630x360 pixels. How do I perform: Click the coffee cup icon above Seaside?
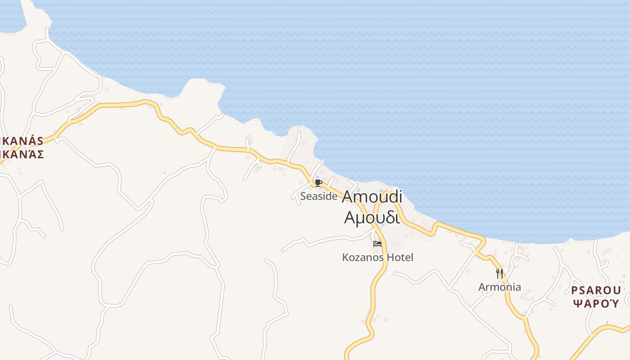pyautogui.click(x=319, y=183)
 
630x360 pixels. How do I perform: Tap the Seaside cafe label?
pyautogui.click(x=319, y=196)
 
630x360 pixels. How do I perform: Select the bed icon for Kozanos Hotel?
pyautogui.click(x=378, y=244)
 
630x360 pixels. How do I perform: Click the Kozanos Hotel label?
pyautogui.click(x=378, y=257)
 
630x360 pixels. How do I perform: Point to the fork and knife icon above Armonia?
pyautogui.click(x=499, y=273)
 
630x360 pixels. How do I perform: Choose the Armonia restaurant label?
pyautogui.click(x=499, y=287)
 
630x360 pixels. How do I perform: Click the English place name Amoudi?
pyautogui.click(x=372, y=197)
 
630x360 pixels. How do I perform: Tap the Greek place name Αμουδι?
pyautogui.click(x=372, y=217)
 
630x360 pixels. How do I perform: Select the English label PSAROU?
pyautogui.click(x=596, y=290)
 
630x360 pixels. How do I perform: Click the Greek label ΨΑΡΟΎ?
pyautogui.click(x=596, y=303)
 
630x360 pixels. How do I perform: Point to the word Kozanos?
pyautogui.click(x=363, y=257)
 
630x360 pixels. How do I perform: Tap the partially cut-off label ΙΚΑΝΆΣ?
pyautogui.click(x=22, y=154)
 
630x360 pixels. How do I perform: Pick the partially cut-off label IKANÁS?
pyautogui.click(x=22, y=141)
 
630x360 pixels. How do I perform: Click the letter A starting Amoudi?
pyautogui.click(x=348, y=197)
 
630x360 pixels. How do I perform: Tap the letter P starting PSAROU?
pyautogui.click(x=575, y=290)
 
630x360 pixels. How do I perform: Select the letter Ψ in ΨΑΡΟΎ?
pyautogui.click(x=576, y=303)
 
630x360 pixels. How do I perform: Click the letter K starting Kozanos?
pyautogui.click(x=345, y=257)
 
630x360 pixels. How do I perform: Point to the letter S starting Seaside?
pyautogui.click(x=303, y=196)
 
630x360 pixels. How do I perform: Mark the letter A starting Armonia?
pyautogui.click(x=481, y=287)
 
